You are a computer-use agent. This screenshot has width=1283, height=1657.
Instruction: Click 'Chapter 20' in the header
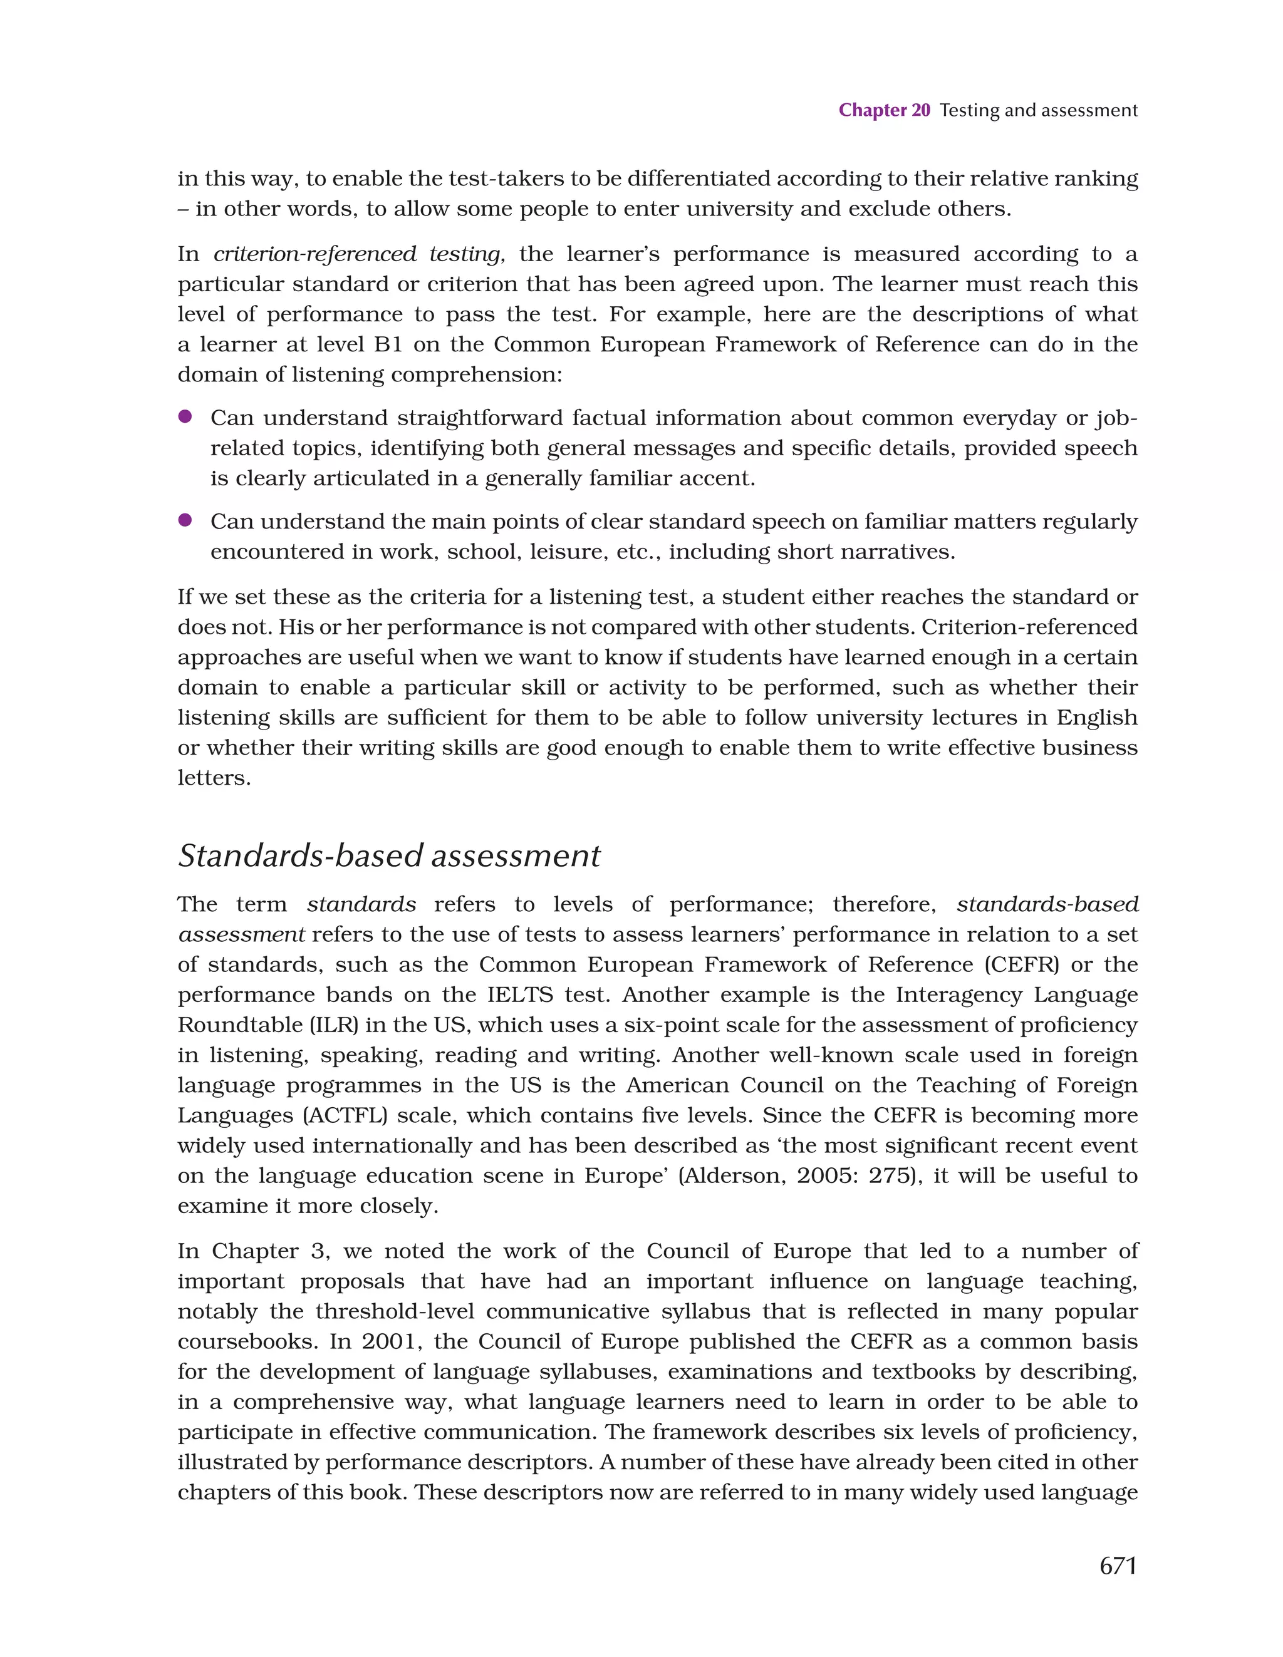pos(884,110)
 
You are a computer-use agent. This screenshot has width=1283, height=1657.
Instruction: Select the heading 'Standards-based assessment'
pos(388,856)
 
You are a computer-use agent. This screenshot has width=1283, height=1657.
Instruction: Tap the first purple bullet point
pos(184,416)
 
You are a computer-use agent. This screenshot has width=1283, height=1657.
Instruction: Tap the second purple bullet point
pos(184,520)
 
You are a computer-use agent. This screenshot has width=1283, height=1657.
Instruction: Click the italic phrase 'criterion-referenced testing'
pos(359,254)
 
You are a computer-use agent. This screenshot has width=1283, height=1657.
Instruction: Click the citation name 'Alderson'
pos(732,1176)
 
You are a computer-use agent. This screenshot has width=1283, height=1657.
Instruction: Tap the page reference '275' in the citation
pos(890,1176)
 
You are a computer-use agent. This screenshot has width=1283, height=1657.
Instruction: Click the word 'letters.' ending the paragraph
pos(214,778)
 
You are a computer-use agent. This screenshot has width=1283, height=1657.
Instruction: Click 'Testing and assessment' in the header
pos(1038,110)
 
